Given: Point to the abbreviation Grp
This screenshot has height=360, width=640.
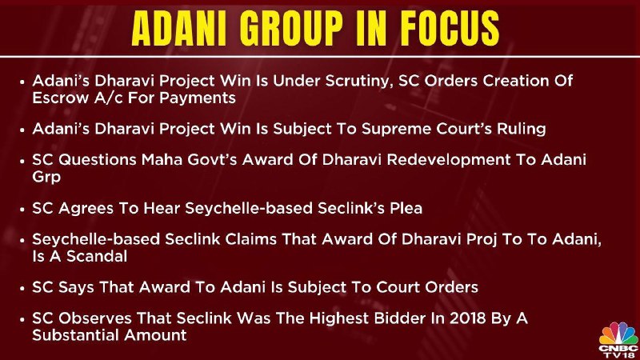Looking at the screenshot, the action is click(x=46, y=178).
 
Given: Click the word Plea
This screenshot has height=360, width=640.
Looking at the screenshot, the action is click(x=406, y=208).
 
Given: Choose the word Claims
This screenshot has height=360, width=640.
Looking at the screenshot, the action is click(x=250, y=239).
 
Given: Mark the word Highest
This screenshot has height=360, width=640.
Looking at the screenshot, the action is click(x=339, y=319).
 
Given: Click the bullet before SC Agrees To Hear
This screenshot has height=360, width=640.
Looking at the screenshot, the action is click(x=22, y=210).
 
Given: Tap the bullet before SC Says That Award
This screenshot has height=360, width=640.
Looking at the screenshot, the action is click(x=22, y=289).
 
